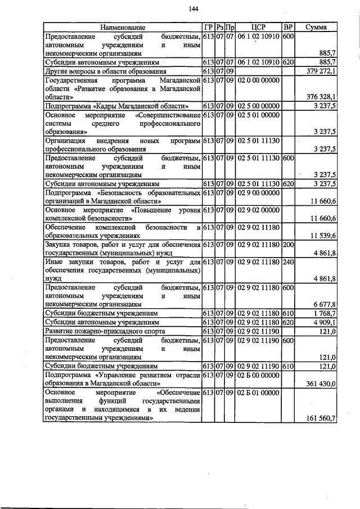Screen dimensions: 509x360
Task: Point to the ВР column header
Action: pyautogui.click(x=288, y=26)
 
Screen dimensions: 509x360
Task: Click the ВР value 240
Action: pyautogui.click(x=288, y=263)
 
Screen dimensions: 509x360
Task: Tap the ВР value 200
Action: pyautogui.click(x=288, y=245)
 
